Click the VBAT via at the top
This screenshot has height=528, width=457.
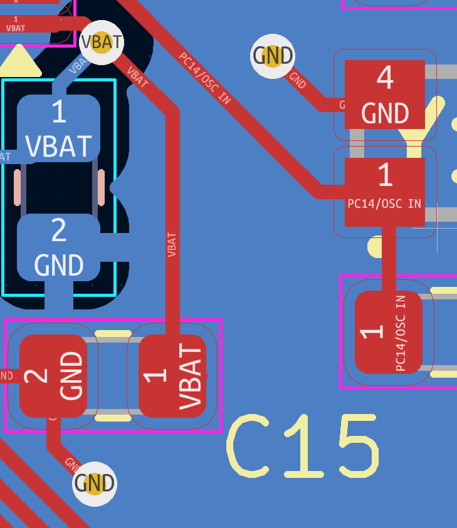tap(102, 43)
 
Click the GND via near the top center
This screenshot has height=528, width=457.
tap(273, 56)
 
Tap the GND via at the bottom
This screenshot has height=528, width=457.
tap(95, 484)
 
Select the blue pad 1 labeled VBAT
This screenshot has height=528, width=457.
tap(58, 128)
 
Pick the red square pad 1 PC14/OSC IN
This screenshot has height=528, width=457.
tap(384, 192)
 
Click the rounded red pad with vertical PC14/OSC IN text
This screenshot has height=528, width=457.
tap(389, 332)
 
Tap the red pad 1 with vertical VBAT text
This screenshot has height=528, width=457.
tap(172, 376)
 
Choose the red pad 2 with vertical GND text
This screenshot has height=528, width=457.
tap(53, 376)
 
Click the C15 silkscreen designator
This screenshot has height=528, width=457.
tap(304, 446)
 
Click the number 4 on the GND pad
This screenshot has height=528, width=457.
tap(384, 78)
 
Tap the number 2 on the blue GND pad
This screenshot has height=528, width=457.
tap(58, 230)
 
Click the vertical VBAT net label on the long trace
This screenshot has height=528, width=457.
tap(172, 244)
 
